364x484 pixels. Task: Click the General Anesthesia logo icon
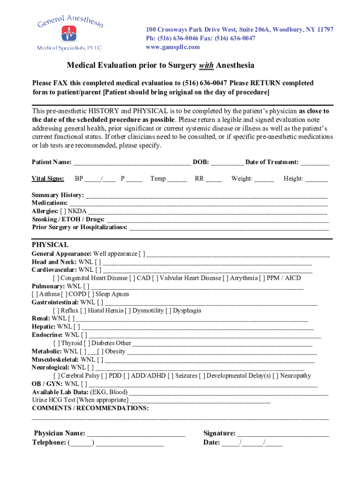pos(69,34)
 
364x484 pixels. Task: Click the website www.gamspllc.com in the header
pos(173,47)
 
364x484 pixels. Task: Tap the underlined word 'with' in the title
pos(206,65)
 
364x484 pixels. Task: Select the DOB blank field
pos(227,163)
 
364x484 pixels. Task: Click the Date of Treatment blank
pos(315,163)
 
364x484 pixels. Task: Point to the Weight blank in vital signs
pos(264,179)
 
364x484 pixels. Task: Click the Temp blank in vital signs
pos(177,179)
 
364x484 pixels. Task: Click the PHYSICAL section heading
pos(50,245)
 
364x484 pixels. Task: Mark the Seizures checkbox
pos(172,376)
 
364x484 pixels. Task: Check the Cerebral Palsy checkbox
pos(56,376)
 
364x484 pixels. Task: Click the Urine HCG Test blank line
pos(200,400)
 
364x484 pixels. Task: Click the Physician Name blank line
pos(136,434)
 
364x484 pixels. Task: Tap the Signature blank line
pos(283,434)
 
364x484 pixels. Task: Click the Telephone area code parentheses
pos(81,443)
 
